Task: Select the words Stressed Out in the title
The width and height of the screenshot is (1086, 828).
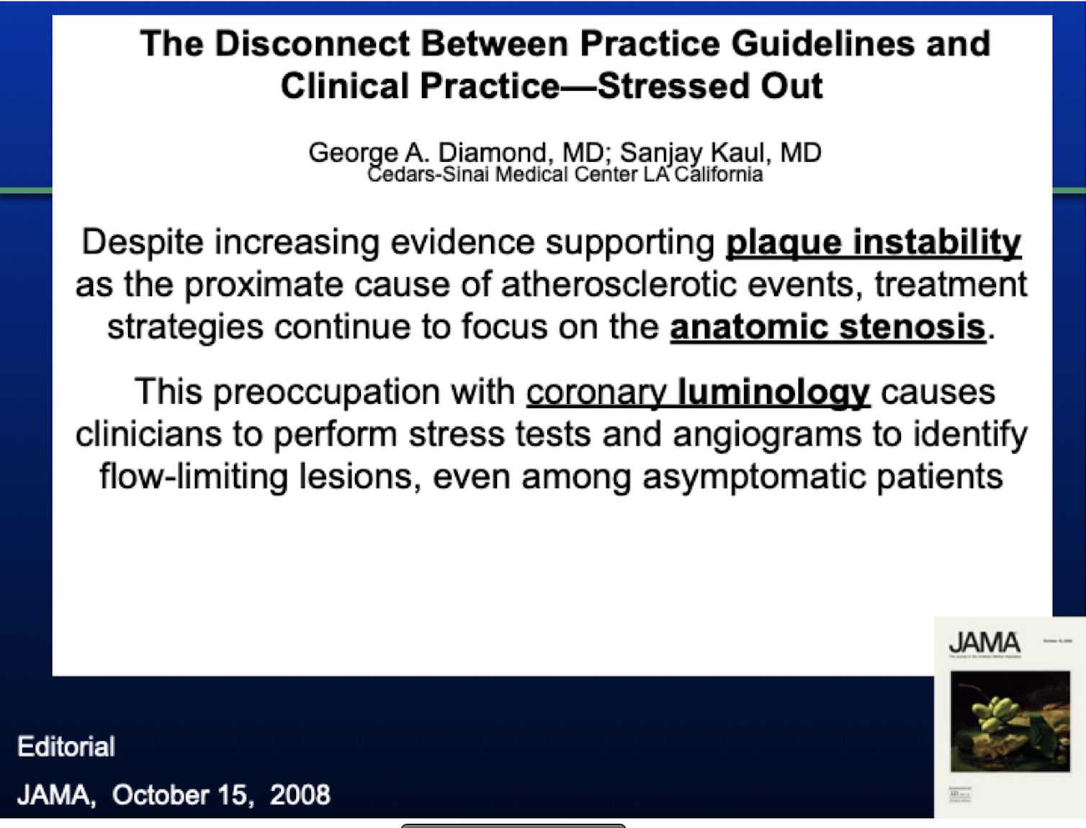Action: (x=709, y=86)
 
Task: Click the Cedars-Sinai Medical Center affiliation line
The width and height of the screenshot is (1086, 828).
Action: (x=565, y=175)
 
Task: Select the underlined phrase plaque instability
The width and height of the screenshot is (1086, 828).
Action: (x=873, y=243)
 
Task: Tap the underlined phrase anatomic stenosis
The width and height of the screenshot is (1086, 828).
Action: (x=827, y=328)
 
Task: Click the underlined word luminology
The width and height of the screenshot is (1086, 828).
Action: (x=773, y=392)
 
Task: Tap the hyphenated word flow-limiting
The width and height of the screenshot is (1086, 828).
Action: (x=194, y=477)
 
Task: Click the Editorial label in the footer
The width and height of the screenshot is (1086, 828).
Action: (x=66, y=747)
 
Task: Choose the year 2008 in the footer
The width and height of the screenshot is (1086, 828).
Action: (x=300, y=795)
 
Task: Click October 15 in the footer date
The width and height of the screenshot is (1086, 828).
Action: (x=180, y=795)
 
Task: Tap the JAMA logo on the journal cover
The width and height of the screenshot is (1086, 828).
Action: (x=984, y=642)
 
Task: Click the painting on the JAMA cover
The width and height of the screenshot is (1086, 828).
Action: (x=1010, y=721)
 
